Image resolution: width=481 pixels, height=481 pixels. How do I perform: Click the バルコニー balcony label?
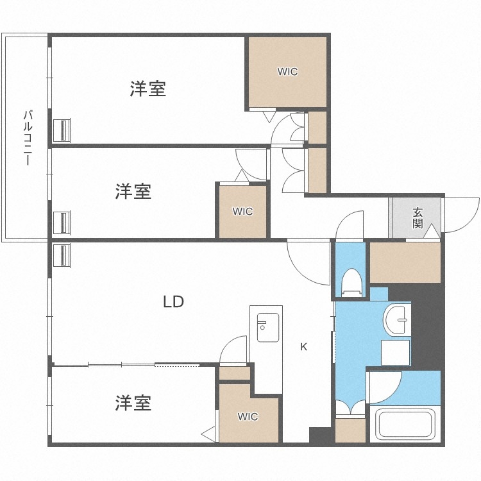pos(28,139)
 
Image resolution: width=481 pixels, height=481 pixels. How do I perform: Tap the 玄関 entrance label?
pos(418,218)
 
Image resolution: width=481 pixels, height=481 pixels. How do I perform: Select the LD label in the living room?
pos(173,301)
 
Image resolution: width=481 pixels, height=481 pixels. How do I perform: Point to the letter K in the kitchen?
pos(304,347)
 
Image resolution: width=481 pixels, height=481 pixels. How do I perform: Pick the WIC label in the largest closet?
pos(287,72)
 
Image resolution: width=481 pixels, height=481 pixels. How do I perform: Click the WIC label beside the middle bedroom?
pos(242,212)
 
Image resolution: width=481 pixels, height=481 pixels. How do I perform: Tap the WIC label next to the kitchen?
pos(248,417)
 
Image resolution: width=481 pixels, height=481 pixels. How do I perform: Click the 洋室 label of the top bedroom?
pos(148,89)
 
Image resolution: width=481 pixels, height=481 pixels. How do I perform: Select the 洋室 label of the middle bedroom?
pos(133,191)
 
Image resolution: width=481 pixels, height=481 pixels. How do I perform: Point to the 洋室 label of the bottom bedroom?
pos(133,403)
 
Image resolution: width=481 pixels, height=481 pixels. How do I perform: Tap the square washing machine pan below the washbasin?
pos(396,352)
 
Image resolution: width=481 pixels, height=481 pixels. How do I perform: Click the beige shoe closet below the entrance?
pos(405,262)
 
